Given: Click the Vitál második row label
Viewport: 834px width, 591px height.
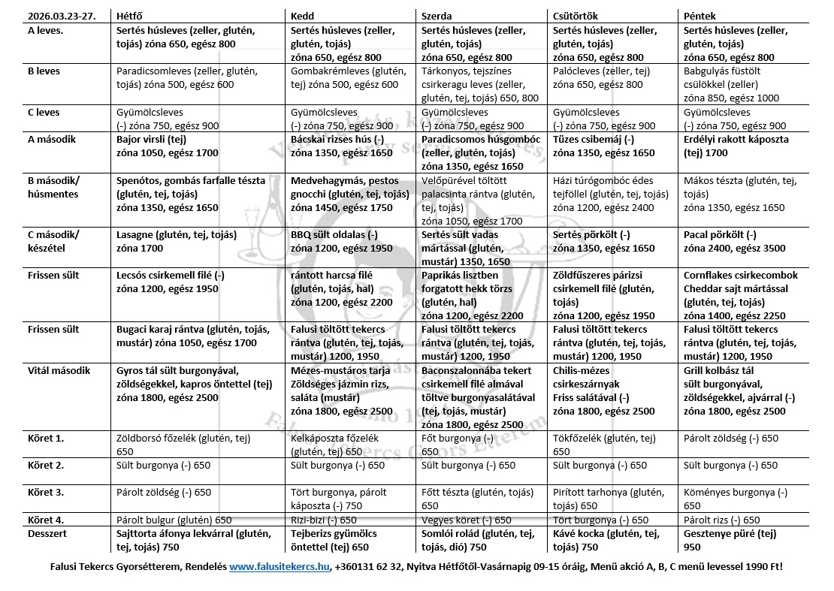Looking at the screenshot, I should coord(59,371).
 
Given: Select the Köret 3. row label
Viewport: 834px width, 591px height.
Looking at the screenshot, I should coord(45,493).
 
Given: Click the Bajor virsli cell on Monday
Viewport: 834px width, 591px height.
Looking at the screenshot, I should coord(167,146).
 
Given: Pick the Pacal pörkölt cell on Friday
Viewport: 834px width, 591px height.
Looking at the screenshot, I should coord(734,242).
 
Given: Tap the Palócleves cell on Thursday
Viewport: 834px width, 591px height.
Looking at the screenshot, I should coord(601,77).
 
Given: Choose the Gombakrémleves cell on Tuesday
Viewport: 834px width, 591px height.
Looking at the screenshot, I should coord(346,77).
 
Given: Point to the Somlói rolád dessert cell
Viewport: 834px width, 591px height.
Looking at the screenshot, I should coord(478,540).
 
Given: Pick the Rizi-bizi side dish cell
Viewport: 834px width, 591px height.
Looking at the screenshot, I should coord(323,520).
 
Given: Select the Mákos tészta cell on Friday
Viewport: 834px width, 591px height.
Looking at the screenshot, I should coord(734,194).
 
